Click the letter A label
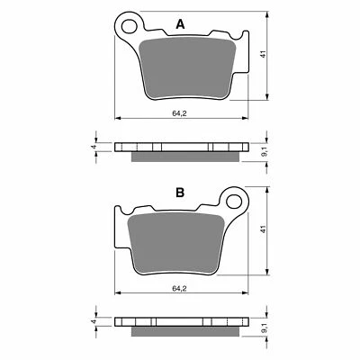tap(181, 26)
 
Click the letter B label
tap(180, 193)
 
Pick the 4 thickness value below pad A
tap(94, 147)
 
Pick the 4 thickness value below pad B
tap(94, 319)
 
